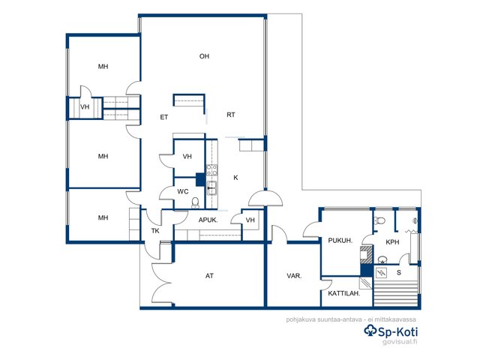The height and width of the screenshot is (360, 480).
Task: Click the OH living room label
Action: coord(204,56)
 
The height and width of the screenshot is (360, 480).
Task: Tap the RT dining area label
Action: coord(231,115)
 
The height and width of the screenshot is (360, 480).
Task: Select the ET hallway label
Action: coord(164,117)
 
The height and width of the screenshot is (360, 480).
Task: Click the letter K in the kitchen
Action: coord(235,178)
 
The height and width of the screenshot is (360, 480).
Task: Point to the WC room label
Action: coord(183,192)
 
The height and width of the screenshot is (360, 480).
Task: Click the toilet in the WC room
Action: coord(195,202)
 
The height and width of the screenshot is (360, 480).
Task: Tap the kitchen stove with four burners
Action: coord(211,170)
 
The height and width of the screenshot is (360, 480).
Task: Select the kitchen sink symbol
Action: coord(211,187)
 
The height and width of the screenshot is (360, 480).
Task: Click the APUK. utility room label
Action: coord(208,220)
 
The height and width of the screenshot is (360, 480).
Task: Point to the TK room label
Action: coord(155,231)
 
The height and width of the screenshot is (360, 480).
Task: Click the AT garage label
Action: coord(209,276)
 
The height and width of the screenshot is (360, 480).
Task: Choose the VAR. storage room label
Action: coord(294,276)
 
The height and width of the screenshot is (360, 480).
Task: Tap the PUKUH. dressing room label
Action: coord(340,241)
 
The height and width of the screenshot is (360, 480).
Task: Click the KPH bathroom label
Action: coord(392,242)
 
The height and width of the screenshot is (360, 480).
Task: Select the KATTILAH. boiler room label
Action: coord(344,293)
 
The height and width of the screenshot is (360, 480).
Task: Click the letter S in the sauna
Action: coord(399,272)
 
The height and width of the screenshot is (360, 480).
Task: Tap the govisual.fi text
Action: coord(400,342)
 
